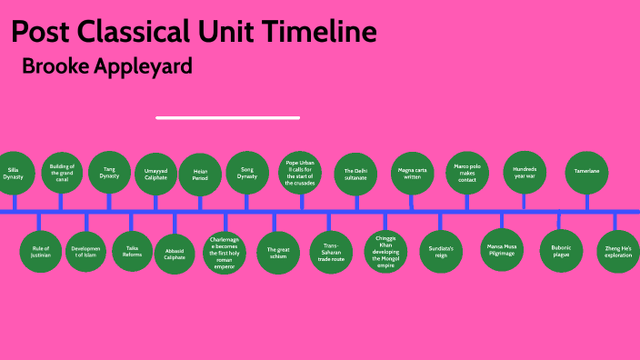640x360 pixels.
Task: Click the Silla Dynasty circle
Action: pos(14,173)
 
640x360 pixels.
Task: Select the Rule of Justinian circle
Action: pos(40,252)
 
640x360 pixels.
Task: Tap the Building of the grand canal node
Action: pos(62,173)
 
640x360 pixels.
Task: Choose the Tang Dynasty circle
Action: pos(109,173)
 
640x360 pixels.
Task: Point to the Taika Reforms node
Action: pos(133,252)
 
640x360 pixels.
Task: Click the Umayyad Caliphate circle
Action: pos(155,175)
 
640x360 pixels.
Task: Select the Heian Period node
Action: pos(200,175)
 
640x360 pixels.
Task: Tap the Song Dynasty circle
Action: pos(247,173)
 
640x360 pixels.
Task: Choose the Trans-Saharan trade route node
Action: pos(331,252)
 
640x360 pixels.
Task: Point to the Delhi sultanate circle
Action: pos(355,174)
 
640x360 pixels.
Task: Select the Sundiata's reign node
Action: pos(440,252)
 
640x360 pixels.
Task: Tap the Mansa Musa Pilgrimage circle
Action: pos(501,252)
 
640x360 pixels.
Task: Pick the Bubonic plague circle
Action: pos(561,252)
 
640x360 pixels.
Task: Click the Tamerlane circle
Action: pos(586,173)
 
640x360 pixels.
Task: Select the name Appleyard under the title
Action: pos(143,67)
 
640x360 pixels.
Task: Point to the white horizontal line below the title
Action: pos(227,117)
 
